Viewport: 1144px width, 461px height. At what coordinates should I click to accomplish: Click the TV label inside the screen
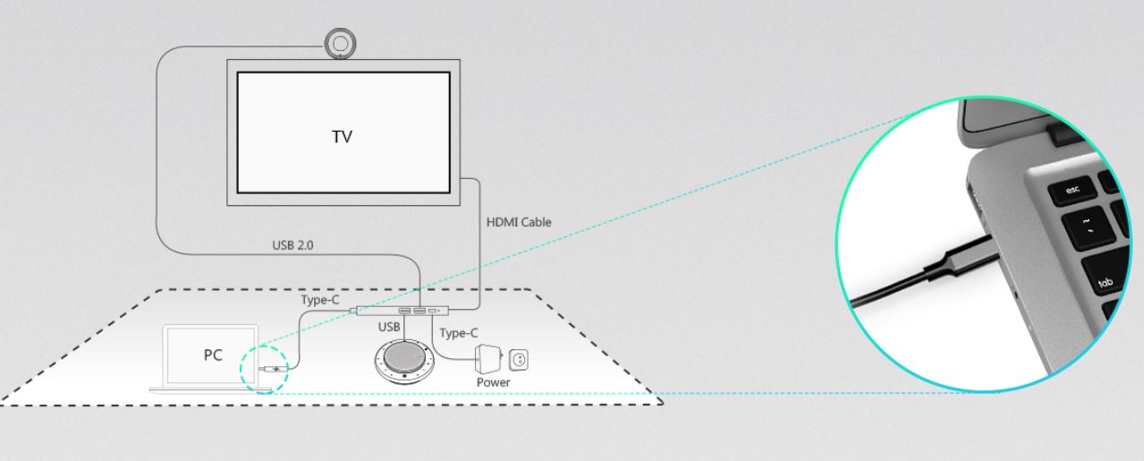[x=342, y=137]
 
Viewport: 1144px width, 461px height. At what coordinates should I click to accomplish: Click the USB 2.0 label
[x=292, y=243]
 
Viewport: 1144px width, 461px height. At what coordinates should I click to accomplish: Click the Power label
[x=493, y=382]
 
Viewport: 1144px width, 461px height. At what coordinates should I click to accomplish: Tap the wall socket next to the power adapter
[x=518, y=359]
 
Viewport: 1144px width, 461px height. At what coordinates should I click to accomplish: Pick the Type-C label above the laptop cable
[x=319, y=300]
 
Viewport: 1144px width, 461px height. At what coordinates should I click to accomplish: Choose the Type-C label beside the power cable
[x=459, y=333]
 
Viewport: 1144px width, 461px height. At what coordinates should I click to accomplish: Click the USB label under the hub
[x=388, y=327]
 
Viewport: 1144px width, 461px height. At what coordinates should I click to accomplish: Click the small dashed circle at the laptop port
[x=263, y=369]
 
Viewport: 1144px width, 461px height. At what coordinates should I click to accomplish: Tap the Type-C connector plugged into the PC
[x=271, y=369]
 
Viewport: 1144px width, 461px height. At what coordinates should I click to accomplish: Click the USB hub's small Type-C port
[x=435, y=311]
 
